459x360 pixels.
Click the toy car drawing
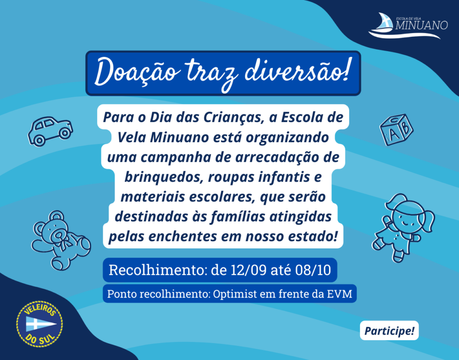tap(50, 131)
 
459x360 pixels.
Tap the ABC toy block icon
tap(396, 130)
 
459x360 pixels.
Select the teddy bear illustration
tap(61, 240)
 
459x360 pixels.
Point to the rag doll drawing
tap(403, 227)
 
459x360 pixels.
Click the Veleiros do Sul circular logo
tap(39, 324)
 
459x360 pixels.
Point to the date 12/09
tap(248, 270)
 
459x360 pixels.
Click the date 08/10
tap(313, 270)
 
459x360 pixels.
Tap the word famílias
tap(238, 217)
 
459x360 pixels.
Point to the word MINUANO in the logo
tap(421, 26)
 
